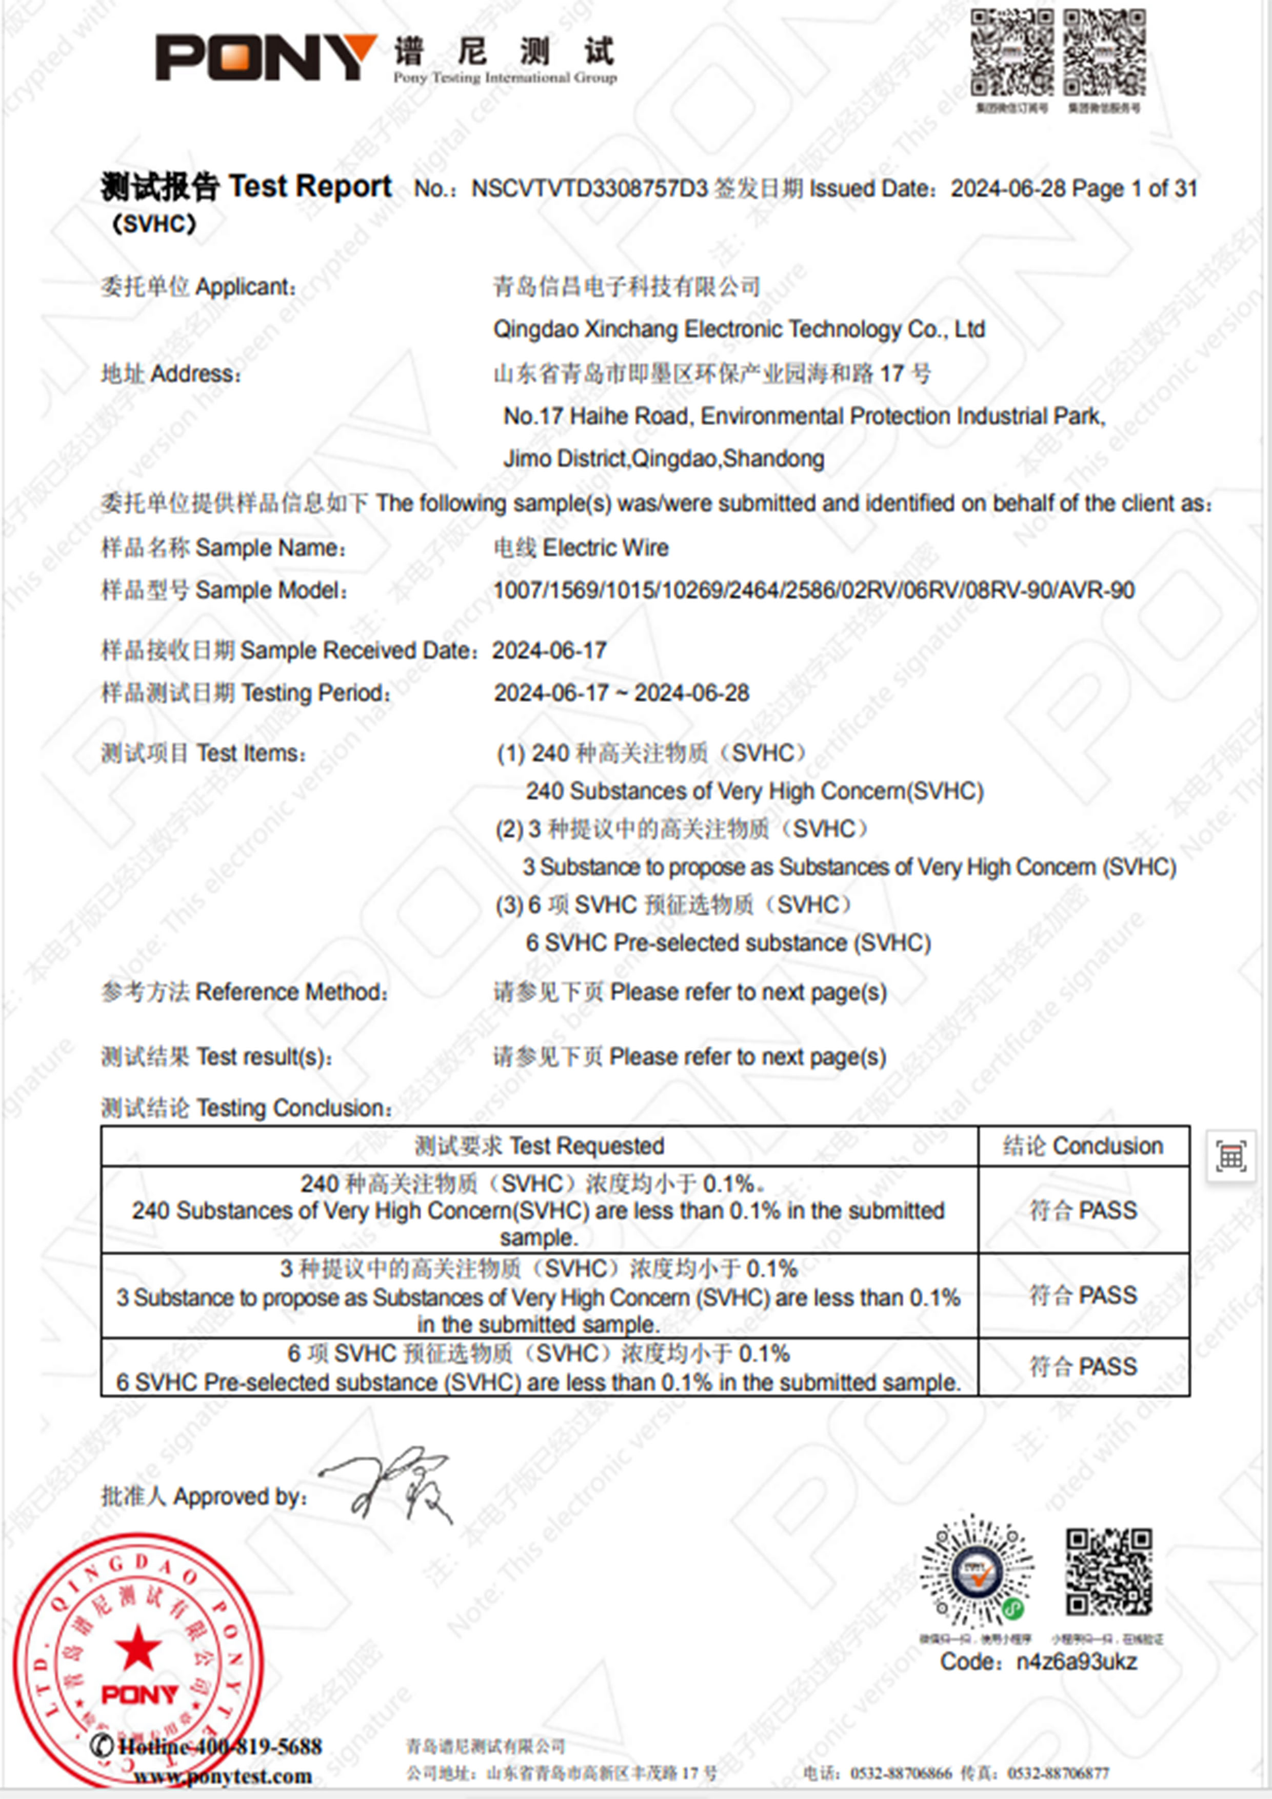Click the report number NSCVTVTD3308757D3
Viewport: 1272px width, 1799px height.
[x=589, y=189]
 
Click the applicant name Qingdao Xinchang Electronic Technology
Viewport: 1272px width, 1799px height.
[x=738, y=329]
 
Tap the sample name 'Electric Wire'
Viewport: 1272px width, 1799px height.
[x=605, y=548]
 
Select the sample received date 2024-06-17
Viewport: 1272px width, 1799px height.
[x=549, y=650]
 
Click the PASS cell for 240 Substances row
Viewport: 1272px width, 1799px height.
[x=1083, y=1211]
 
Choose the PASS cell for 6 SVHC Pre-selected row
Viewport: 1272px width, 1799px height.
[x=1083, y=1367]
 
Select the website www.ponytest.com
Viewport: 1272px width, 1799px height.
[x=223, y=1775]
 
